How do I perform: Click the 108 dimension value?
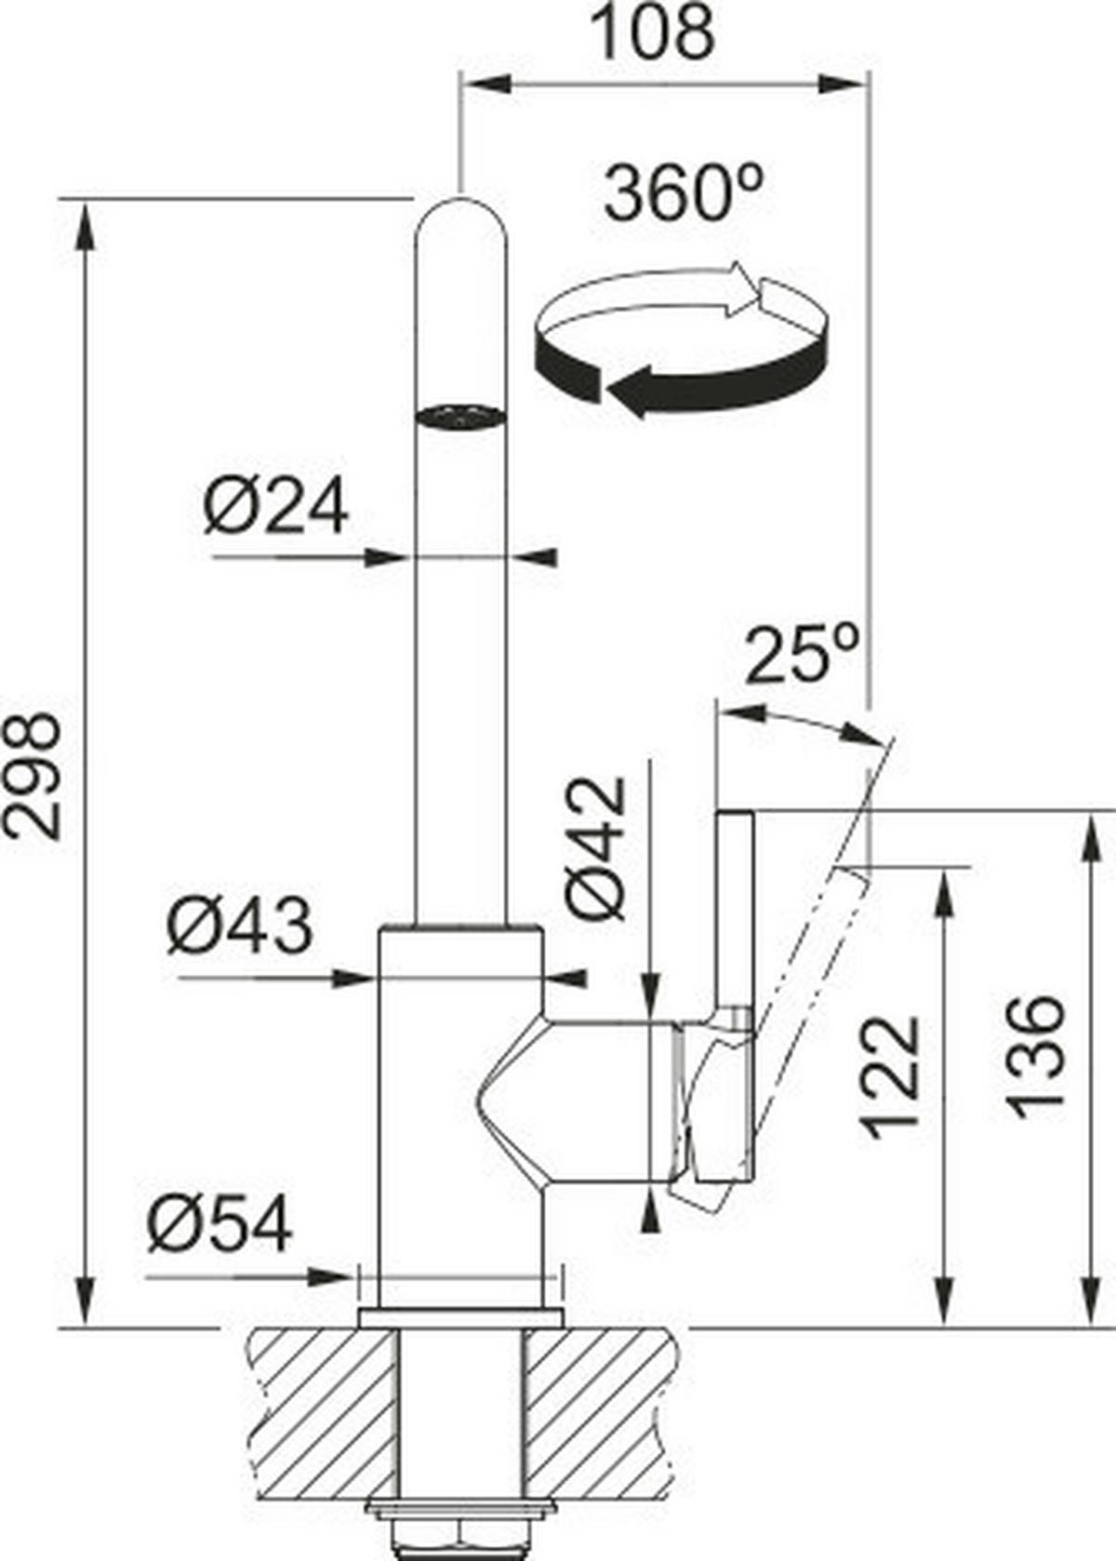click(x=654, y=33)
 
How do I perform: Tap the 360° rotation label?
click(x=684, y=194)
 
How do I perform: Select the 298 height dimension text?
click(x=33, y=776)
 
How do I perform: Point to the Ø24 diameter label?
click(x=276, y=507)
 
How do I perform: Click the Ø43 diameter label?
click(x=240, y=927)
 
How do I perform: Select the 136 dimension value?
click(x=1035, y=1057)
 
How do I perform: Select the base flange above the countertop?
click(x=460, y=1316)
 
